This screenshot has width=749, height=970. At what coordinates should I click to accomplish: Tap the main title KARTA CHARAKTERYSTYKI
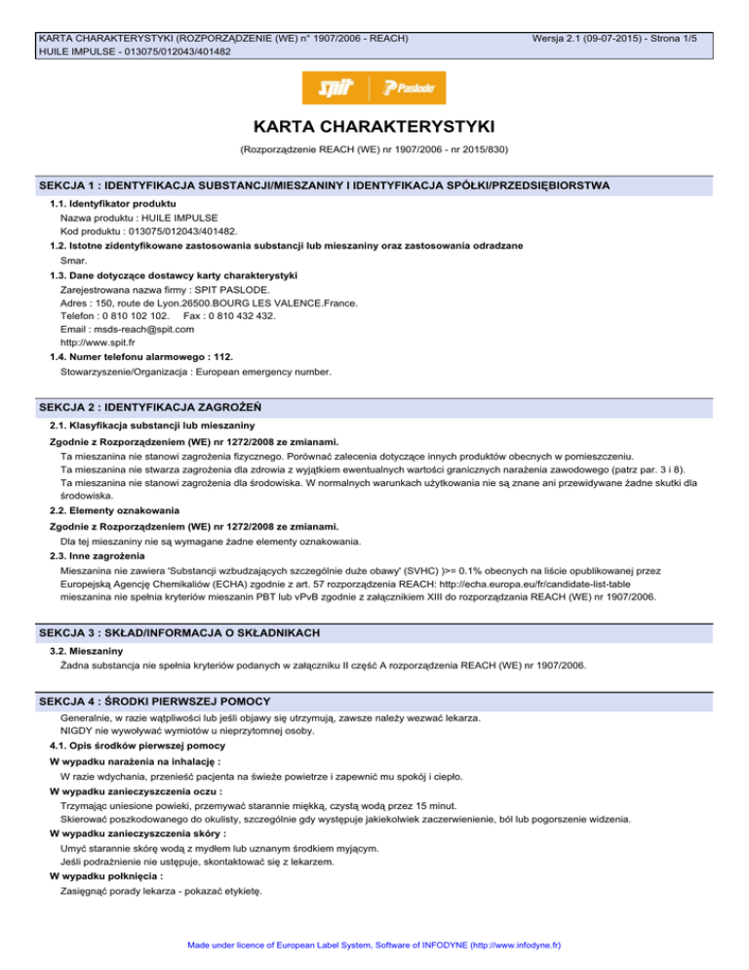coord(374,128)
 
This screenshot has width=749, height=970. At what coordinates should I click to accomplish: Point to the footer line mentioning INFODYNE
coord(374,946)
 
